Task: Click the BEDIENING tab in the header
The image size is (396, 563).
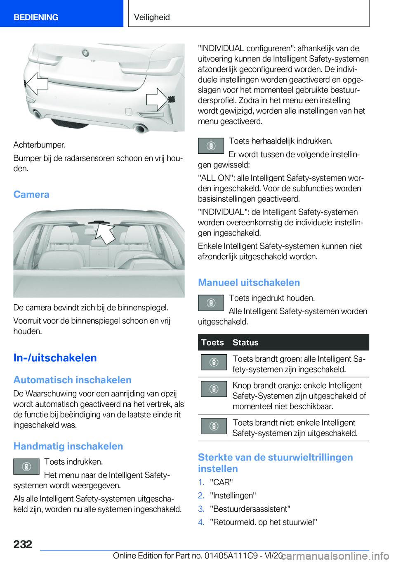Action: (x=36, y=17)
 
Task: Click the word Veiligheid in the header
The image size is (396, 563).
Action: (x=152, y=17)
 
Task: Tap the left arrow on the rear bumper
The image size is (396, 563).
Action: (x=36, y=83)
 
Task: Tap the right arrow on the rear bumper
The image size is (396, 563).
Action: (x=157, y=99)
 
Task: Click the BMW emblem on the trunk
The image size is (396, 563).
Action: (x=85, y=53)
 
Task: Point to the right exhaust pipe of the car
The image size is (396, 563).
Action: (x=141, y=127)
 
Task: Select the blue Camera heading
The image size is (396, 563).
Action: (x=31, y=194)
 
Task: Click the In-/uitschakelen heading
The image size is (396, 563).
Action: (x=55, y=358)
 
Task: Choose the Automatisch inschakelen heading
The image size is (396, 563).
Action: (x=72, y=380)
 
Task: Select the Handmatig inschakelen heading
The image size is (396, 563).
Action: (x=68, y=446)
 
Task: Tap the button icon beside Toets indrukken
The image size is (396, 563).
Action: (x=26, y=466)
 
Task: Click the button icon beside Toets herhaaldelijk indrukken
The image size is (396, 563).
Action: (x=211, y=146)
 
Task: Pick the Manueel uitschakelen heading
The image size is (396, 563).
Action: (x=249, y=282)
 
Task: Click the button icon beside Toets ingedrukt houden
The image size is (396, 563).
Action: (x=211, y=303)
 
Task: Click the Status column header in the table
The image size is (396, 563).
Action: (x=245, y=342)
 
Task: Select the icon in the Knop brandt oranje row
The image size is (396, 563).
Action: (x=214, y=389)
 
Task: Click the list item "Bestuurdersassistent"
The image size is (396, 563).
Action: (x=250, y=508)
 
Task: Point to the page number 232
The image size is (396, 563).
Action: (x=23, y=544)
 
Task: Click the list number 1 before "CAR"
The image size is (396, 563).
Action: (x=201, y=482)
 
